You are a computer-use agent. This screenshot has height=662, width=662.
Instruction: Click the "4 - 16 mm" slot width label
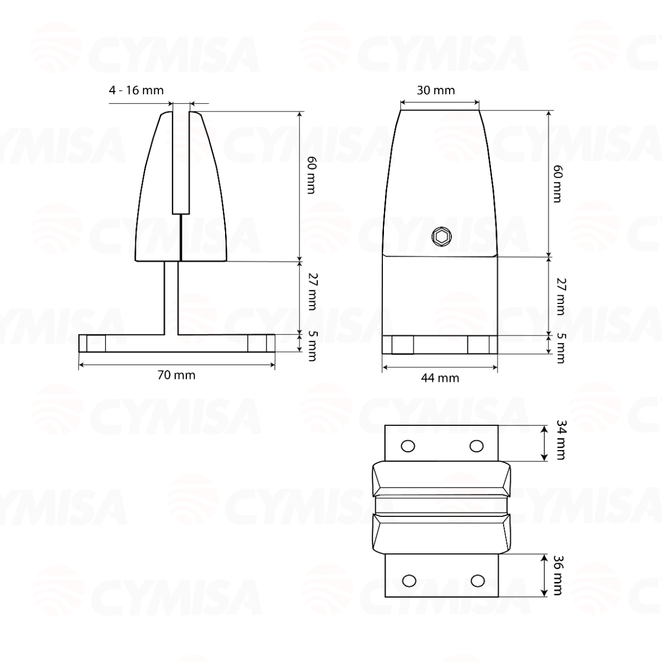click(x=136, y=90)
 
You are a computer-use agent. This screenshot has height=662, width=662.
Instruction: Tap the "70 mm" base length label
click(x=177, y=375)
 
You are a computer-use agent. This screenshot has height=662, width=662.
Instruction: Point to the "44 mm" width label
click(x=440, y=378)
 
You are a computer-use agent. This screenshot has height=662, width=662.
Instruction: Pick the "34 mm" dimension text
click(x=560, y=440)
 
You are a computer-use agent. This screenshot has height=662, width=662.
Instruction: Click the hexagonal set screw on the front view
click(x=441, y=237)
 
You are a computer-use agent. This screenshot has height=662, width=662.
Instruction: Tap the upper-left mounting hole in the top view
click(x=408, y=446)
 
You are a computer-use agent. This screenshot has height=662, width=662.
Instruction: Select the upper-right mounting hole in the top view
click(x=476, y=446)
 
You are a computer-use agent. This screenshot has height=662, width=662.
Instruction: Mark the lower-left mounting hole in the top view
click(x=409, y=580)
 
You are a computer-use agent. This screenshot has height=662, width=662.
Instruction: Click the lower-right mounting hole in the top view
click(x=478, y=580)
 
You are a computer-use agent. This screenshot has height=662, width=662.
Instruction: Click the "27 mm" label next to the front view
click(x=559, y=296)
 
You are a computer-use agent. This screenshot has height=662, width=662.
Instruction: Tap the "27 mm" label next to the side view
click(x=311, y=292)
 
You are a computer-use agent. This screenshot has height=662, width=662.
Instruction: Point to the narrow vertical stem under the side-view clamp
click(x=171, y=298)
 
